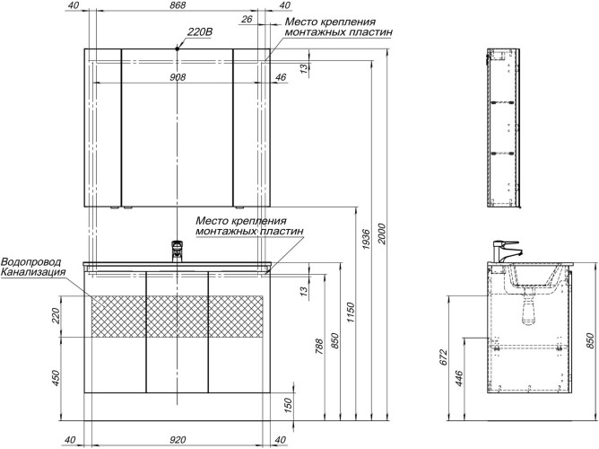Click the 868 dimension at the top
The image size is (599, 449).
[178, 6]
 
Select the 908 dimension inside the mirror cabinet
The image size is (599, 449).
[178, 77]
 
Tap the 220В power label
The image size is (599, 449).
[198, 32]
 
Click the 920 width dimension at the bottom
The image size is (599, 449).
[178, 439]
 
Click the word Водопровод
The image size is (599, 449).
[31, 261]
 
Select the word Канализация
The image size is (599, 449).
[33, 272]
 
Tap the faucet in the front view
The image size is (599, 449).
[178, 250]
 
